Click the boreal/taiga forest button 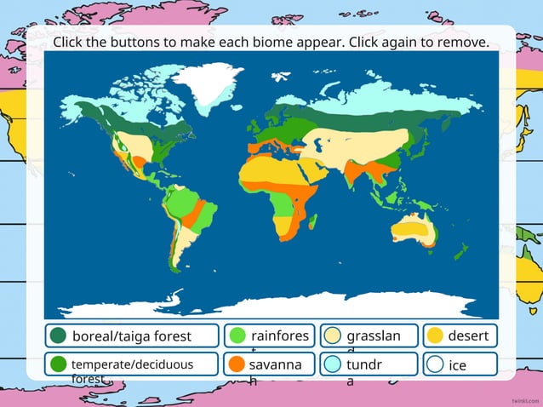pyautogui.click(x=131, y=335)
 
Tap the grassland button pyautogui.click(x=369, y=335)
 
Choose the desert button pyautogui.click(x=460, y=335)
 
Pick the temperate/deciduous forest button pyautogui.click(x=131, y=364)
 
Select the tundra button pyautogui.click(x=369, y=364)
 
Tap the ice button pyautogui.click(x=460, y=364)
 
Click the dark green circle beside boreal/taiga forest pyautogui.click(x=59, y=335)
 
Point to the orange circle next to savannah pyautogui.click(x=237, y=364)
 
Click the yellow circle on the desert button pyautogui.click(x=434, y=335)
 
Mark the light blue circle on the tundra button pyautogui.click(x=333, y=364)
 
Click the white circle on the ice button pyautogui.click(x=435, y=364)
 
